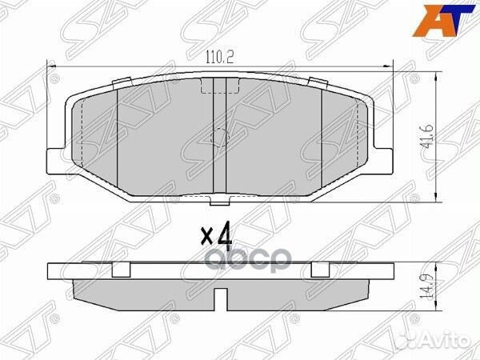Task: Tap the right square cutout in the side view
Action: [x=320, y=268]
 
